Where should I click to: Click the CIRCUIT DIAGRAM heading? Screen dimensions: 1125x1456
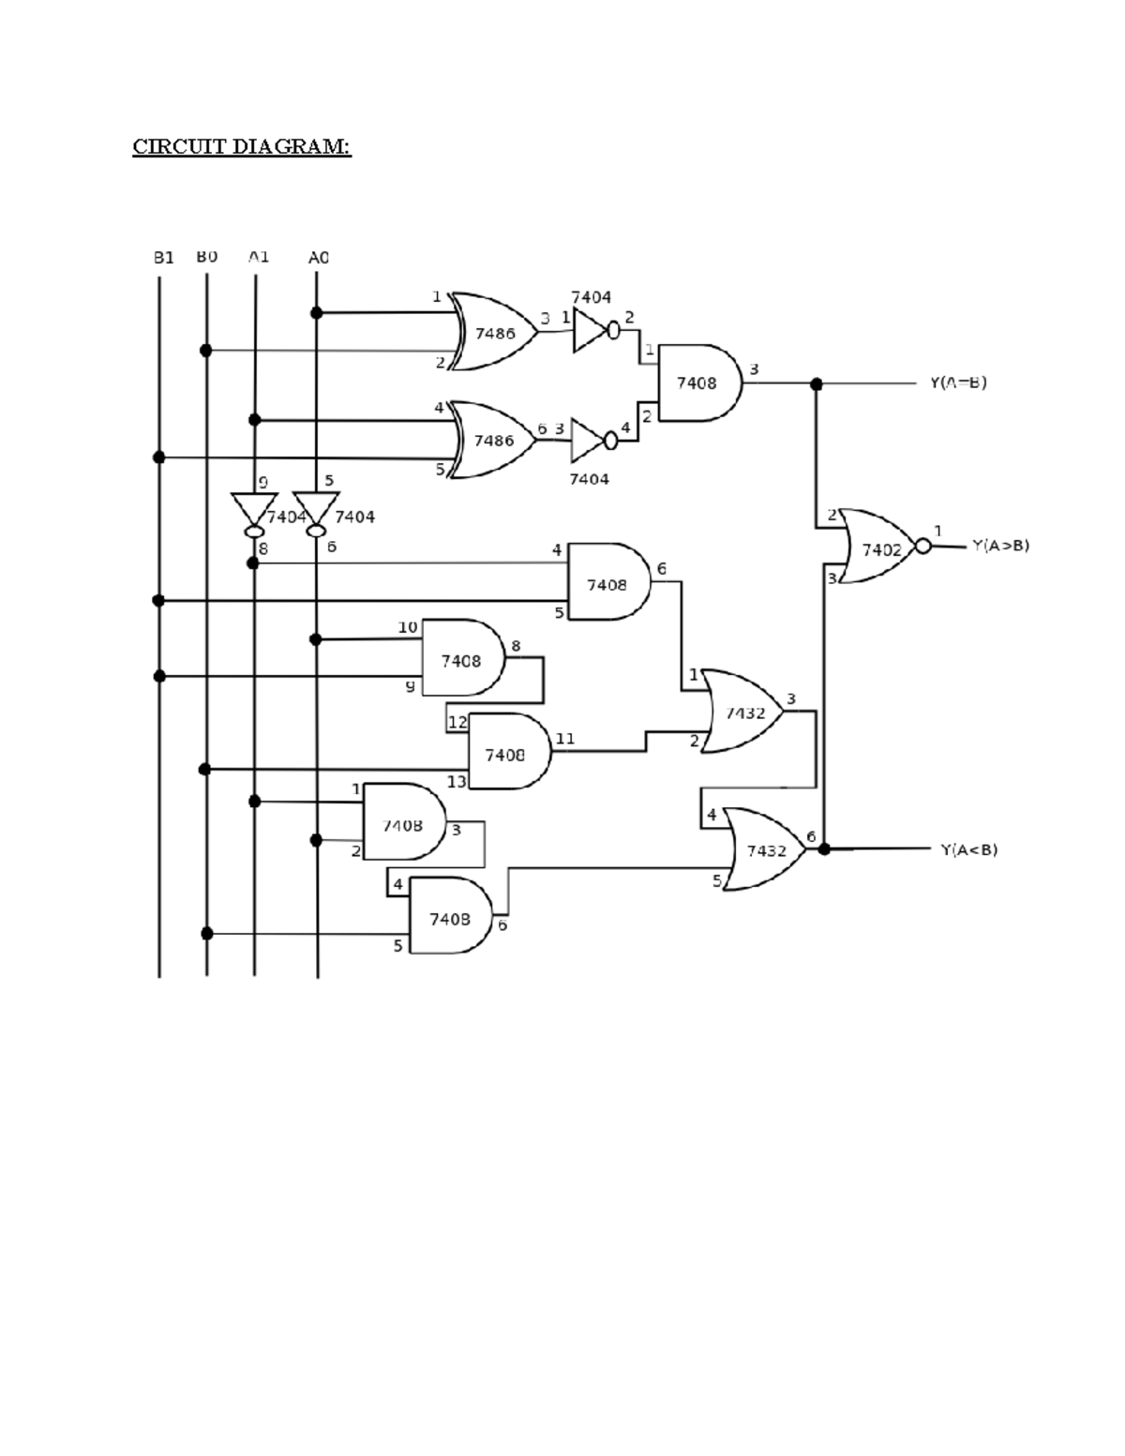(x=241, y=147)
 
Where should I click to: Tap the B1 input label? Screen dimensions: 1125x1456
(x=163, y=257)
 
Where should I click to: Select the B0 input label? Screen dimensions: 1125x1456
(x=206, y=256)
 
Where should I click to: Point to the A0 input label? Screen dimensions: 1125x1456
(x=318, y=257)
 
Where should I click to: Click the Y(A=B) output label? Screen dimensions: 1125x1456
(x=957, y=383)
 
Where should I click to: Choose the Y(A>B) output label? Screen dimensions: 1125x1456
(x=1000, y=545)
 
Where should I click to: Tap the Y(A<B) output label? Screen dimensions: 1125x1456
(x=968, y=849)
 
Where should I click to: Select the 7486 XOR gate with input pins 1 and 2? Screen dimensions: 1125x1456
(x=495, y=332)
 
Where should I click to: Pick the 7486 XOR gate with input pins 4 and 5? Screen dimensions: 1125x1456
(x=494, y=440)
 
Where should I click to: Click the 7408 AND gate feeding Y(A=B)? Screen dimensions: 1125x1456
(x=697, y=383)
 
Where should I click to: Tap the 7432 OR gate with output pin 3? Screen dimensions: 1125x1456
(x=743, y=713)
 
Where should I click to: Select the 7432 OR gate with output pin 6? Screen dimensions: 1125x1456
(x=765, y=849)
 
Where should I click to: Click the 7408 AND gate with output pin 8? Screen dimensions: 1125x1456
(x=461, y=659)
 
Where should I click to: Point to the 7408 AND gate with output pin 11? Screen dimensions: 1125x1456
(x=506, y=753)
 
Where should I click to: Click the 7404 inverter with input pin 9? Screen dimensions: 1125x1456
(x=254, y=512)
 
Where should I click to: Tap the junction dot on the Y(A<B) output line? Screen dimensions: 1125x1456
(x=824, y=849)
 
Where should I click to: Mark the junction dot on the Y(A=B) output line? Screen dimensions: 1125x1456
(x=816, y=383)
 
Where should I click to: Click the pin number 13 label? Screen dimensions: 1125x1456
(x=457, y=781)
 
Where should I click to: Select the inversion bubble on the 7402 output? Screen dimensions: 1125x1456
(x=923, y=547)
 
